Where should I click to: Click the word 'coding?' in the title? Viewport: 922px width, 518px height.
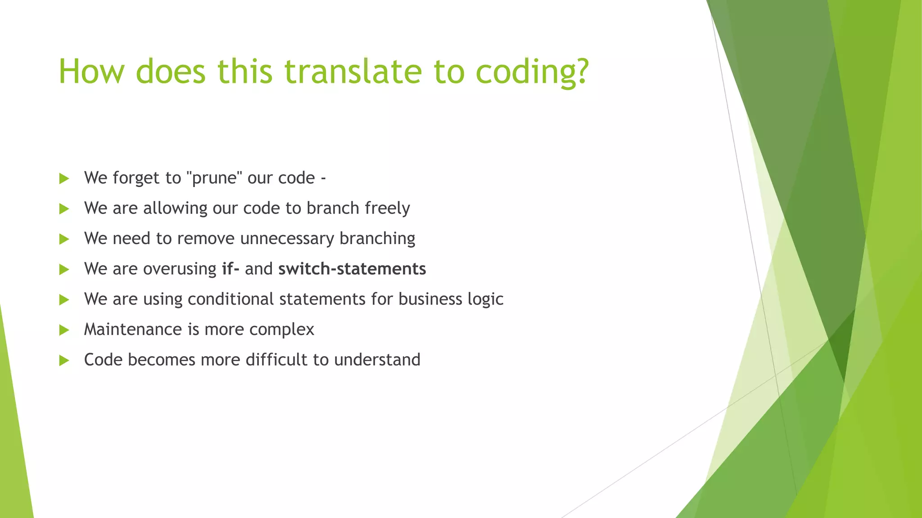[532, 72]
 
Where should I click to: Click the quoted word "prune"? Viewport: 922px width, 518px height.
[214, 179]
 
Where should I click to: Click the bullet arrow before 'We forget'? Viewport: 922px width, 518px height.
[64, 179]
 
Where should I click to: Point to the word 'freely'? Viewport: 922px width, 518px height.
[387, 209]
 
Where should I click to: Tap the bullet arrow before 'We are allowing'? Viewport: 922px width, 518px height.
[64, 209]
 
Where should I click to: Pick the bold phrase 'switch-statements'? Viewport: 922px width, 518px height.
[352, 269]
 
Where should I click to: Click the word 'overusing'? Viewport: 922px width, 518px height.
[180, 269]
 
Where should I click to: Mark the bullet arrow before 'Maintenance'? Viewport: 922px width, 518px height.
[64, 330]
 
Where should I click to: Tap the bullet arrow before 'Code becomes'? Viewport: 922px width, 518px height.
[64, 360]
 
